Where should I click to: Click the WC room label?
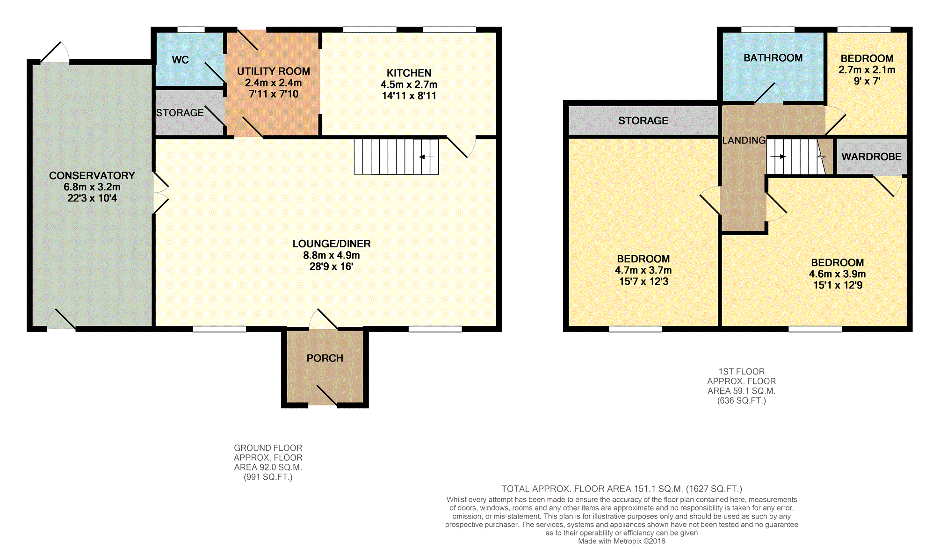tap(181, 60)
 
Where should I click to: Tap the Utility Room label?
tap(274, 71)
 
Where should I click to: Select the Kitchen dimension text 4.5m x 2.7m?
tap(409, 85)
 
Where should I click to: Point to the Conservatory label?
tap(92, 175)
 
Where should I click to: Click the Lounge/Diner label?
tap(332, 244)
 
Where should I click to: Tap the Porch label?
tap(325, 358)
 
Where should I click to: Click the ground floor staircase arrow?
tap(427, 157)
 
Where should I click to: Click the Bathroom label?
tap(773, 58)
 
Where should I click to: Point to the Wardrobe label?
tap(872, 157)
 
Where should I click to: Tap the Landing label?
tap(744, 140)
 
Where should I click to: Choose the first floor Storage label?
tap(643, 121)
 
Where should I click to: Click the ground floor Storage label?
tap(180, 113)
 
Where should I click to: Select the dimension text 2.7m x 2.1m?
tap(867, 70)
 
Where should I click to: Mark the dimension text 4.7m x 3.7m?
tap(643, 270)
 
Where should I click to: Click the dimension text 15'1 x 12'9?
tap(838, 285)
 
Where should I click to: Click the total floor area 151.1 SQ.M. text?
tap(622, 489)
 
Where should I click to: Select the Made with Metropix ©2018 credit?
tap(622, 541)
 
